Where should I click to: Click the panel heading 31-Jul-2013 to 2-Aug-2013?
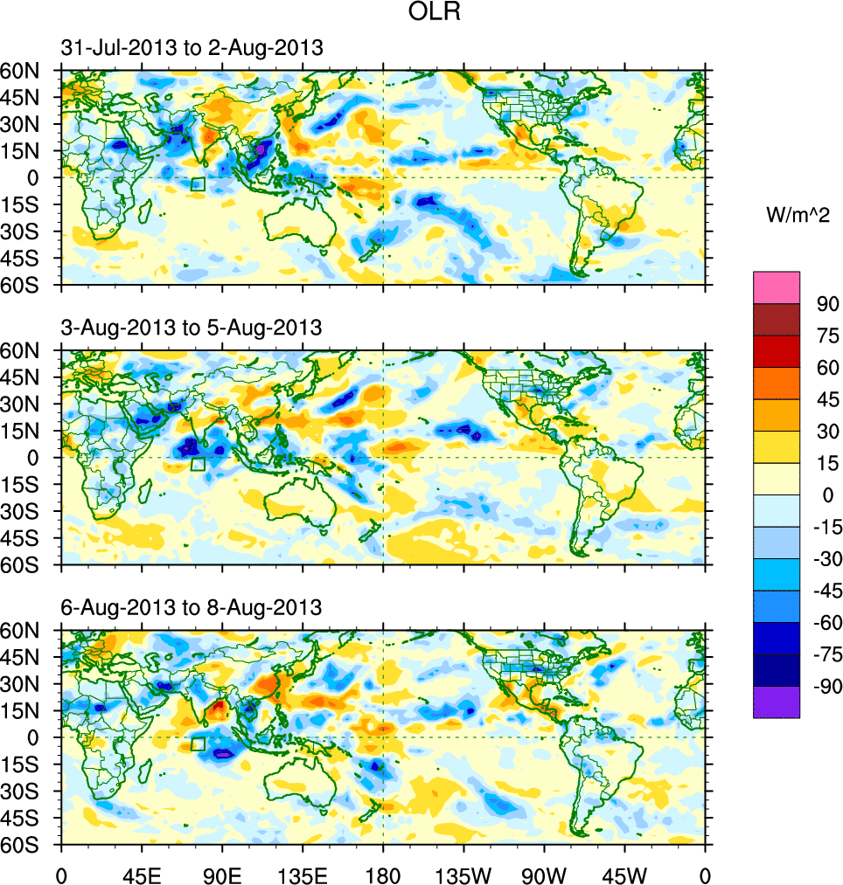[192, 49]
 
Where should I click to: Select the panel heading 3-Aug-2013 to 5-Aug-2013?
[192, 328]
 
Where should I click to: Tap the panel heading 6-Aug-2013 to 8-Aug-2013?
[192, 606]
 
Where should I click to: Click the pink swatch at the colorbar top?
[777, 287]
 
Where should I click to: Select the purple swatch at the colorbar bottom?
[777, 702]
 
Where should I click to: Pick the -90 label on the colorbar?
[824, 686]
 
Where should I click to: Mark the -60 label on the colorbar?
[824, 622]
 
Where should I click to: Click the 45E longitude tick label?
[142, 874]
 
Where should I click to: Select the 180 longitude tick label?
[383, 874]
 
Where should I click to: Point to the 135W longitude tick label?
[463, 874]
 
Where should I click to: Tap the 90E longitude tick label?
[222, 874]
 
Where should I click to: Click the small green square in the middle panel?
[198, 464]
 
